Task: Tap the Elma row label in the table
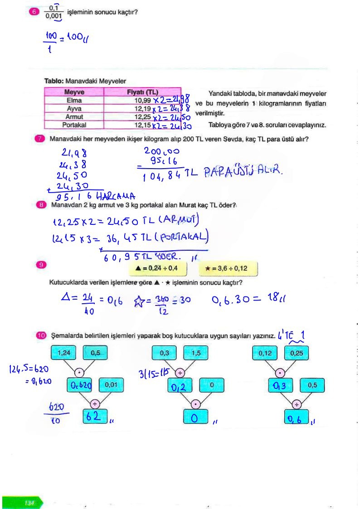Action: coord(74,100)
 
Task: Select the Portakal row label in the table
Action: coord(74,124)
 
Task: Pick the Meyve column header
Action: coord(74,92)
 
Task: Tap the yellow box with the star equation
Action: coord(228,268)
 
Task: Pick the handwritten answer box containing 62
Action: coord(94,417)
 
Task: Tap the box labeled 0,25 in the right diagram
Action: coord(296,353)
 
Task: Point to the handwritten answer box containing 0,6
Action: coord(296,417)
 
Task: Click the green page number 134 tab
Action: coord(29,503)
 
